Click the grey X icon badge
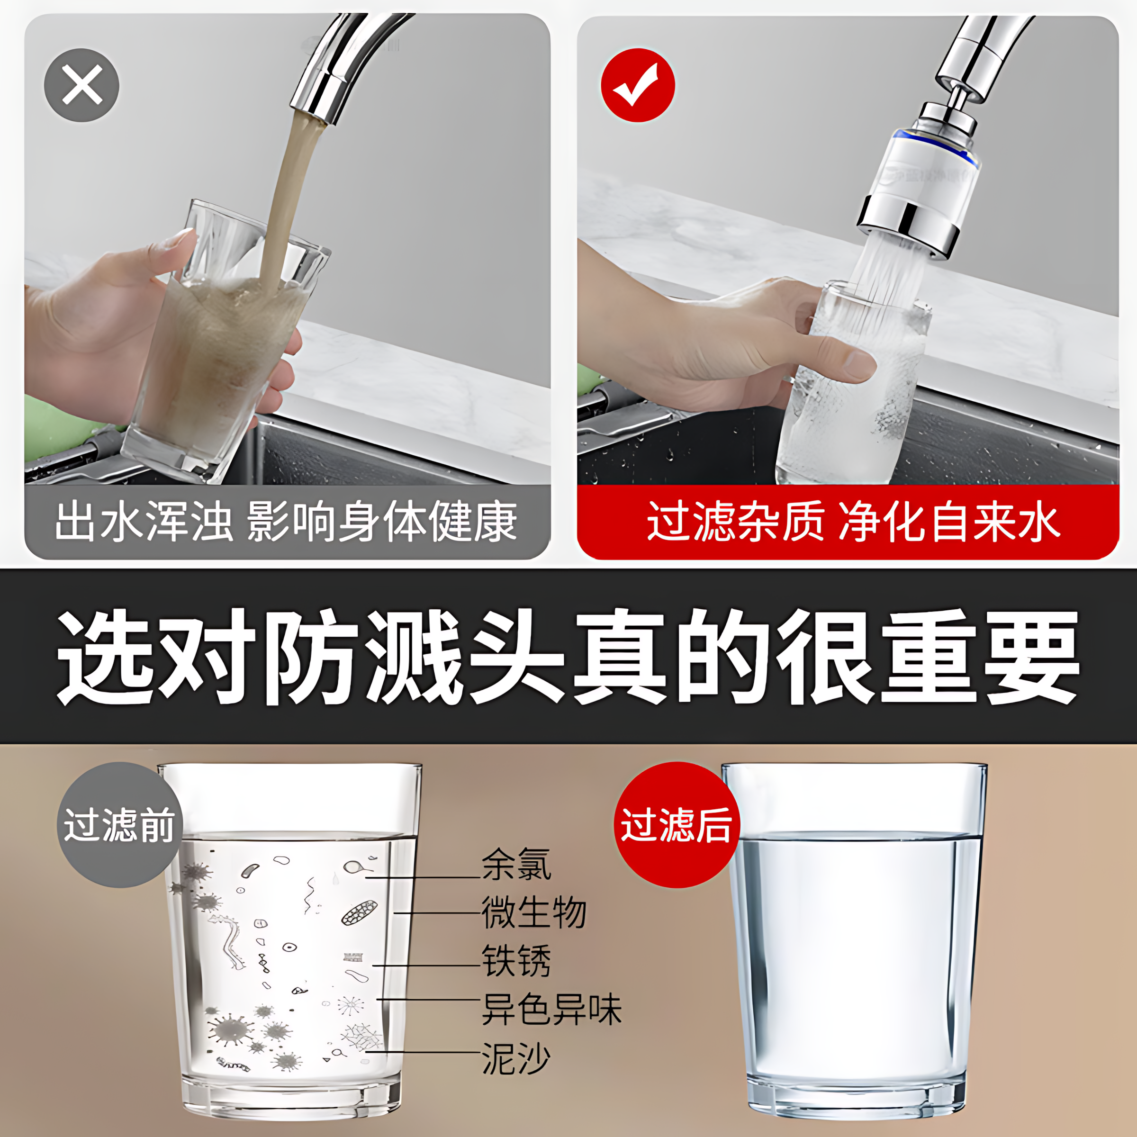pyautogui.click(x=82, y=85)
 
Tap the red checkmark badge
pyautogui.click(x=637, y=85)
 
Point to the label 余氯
pyautogui.click(x=516, y=865)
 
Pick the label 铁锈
pyautogui.click(x=516, y=961)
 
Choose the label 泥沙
pyautogui.click(x=516, y=1057)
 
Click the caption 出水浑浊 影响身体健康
pyautogui.click(x=286, y=522)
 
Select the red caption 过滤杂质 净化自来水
pyautogui.click(x=853, y=522)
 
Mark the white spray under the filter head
pyautogui.click(x=889, y=265)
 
